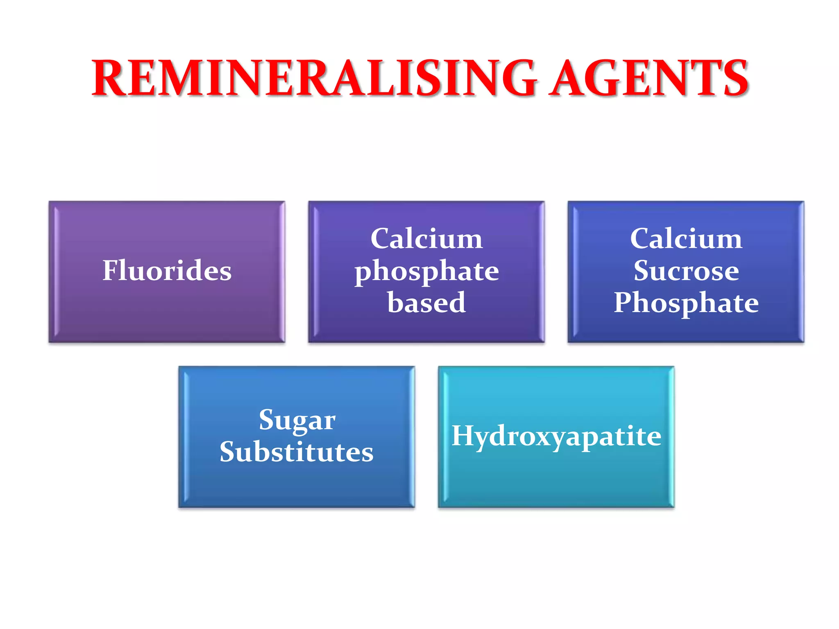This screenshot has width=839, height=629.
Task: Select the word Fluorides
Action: [167, 271]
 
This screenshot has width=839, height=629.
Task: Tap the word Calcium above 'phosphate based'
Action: [426, 239]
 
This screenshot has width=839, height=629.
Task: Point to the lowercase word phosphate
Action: [426, 272]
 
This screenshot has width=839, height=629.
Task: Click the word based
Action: [426, 303]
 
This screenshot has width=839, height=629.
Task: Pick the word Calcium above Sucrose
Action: [686, 239]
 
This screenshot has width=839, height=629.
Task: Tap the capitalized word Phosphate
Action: [686, 303]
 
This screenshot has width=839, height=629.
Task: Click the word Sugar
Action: [297, 421]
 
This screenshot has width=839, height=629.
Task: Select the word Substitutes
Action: [297, 452]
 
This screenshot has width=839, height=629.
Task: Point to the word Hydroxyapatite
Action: [556, 436]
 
